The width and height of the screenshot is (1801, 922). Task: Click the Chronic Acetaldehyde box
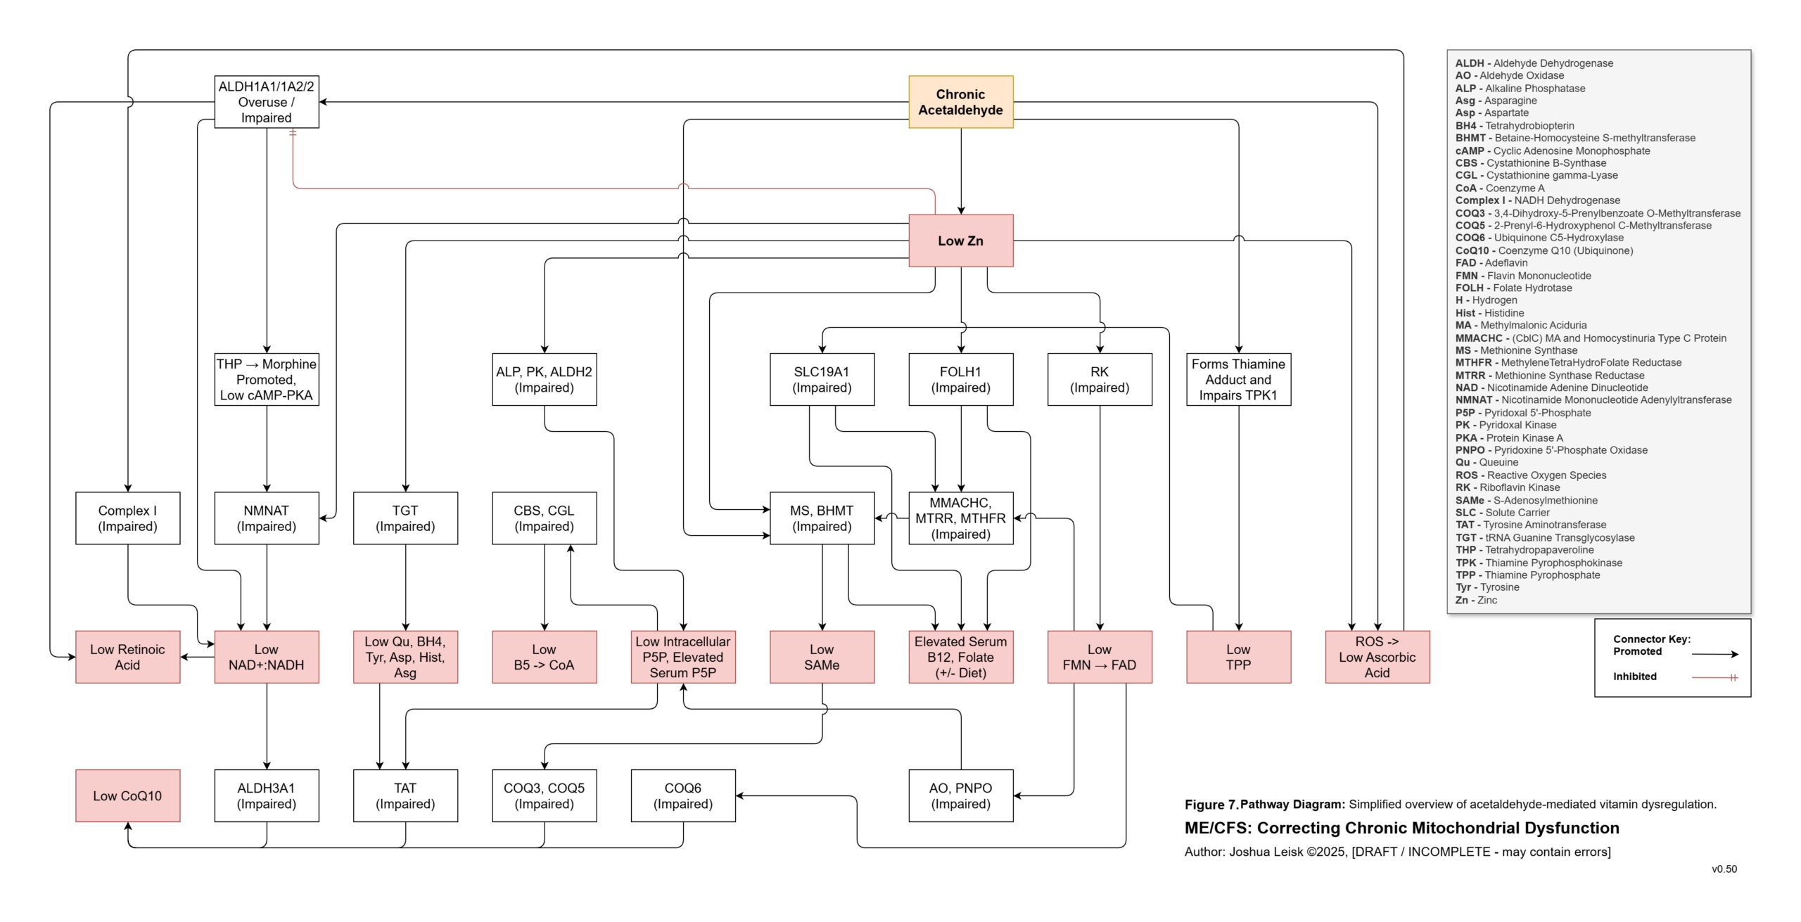960,102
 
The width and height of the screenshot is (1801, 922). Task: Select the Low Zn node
960,241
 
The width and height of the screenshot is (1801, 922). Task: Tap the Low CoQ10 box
127,795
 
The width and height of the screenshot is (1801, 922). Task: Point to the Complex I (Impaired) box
127,518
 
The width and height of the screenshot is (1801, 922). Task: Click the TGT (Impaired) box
405,518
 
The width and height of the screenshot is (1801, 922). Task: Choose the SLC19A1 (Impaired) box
822,380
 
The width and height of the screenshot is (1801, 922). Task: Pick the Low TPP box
1238,657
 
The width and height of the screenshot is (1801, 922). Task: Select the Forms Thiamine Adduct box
1238,380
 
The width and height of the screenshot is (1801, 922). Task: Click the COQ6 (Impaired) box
683,795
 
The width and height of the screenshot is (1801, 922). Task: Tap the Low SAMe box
822,657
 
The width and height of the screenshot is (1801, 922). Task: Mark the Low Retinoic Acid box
127,657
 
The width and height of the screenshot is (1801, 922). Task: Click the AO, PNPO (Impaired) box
960,795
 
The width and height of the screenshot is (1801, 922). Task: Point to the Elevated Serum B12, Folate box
960,657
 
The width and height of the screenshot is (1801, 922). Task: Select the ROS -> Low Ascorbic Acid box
1377,657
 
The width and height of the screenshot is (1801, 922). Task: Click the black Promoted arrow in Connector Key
1714,654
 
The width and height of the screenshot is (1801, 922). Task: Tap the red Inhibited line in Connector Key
1714,677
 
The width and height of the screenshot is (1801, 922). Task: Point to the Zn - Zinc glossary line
1476,600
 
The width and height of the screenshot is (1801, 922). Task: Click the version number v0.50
1724,869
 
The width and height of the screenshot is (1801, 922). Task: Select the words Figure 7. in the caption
1211,805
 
